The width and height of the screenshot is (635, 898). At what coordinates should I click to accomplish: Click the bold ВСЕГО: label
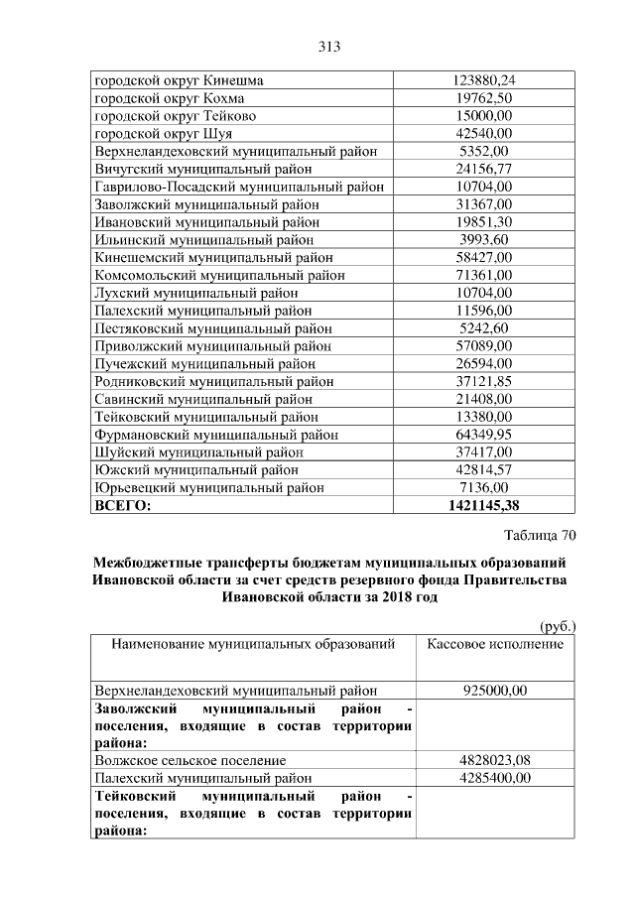[122, 506]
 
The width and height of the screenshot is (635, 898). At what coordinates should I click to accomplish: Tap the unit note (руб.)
[558, 626]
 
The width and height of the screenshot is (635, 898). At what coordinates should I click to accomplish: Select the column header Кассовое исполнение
[495, 644]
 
